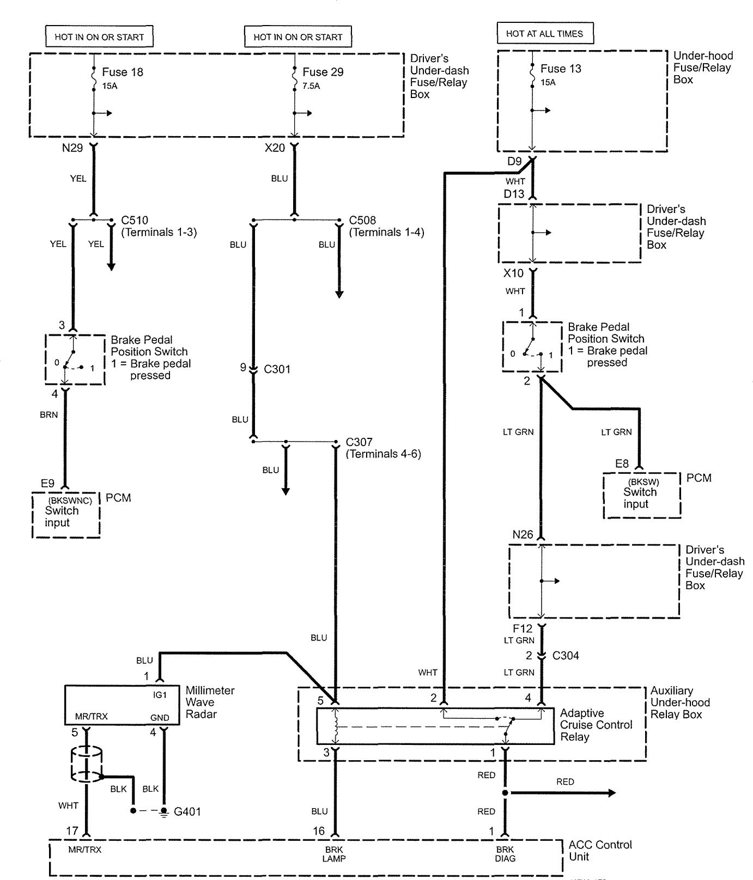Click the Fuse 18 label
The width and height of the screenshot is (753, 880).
click(x=123, y=72)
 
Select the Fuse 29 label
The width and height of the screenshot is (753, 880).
click(x=323, y=72)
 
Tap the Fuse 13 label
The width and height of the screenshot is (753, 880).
click(x=561, y=69)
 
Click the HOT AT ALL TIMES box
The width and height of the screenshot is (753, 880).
click(x=544, y=34)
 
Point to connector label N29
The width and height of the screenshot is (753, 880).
click(x=72, y=148)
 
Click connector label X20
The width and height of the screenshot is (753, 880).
click(x=275, y=148)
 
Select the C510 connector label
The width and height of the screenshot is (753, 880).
click(x=134, y=221)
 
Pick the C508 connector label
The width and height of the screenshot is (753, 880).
click(x=362, y=221)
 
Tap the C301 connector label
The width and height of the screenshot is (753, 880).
click(x=277, y=369)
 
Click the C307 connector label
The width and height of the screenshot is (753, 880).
click(x=359, y=442)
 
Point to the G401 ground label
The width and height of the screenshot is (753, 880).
click(x=187, y=811)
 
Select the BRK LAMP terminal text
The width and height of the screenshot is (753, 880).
click(x=334, y=854)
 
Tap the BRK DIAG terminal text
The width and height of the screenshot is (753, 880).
click(x=505, y=854)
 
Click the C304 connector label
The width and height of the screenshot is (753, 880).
click(x=566, y=656)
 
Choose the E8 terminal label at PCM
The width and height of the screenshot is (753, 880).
click(x=622, y=464)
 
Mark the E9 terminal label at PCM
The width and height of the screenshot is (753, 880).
click(x=47, y=484)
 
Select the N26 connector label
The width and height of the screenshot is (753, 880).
click(x=523, y=535)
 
